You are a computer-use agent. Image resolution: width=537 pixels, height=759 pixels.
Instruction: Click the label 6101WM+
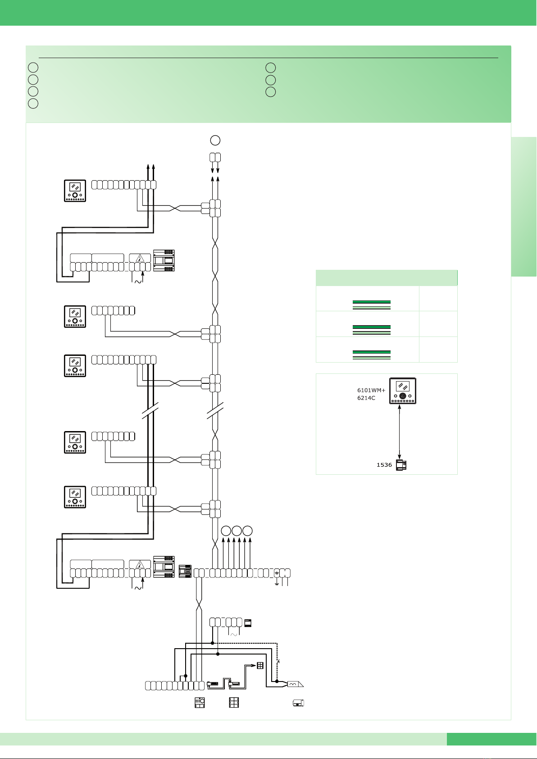[x=371, y=391]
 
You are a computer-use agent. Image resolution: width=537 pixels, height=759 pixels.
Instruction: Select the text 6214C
[x=366, y=398]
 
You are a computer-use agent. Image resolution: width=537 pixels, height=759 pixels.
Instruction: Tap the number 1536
[x=384, y=465]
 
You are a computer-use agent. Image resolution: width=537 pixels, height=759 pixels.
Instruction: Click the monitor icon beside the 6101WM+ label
[x=402, y=391]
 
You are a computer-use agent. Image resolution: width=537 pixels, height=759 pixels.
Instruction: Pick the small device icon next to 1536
[x=401, y=465]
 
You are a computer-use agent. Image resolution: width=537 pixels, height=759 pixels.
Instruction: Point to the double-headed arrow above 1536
[x=400, y=432]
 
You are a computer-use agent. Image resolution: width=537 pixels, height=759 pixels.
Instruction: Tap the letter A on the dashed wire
[x=278, y=661]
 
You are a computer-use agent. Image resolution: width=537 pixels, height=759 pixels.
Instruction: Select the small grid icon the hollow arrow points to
[x=260, y=665]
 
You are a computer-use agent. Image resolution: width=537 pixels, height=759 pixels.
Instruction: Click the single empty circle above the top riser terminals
[x=215, y=140]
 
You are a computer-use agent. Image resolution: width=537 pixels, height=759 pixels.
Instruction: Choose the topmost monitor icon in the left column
[x=75, y=191]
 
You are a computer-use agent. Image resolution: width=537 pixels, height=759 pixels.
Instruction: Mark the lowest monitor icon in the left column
[x=75, y=497]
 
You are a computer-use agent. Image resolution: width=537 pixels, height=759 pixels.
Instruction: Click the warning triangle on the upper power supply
[x=140, y=259]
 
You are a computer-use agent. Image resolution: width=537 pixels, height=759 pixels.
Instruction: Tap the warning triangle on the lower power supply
[x=140, y=565]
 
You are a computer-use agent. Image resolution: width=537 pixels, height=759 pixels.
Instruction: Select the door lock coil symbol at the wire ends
[x=295, y=684]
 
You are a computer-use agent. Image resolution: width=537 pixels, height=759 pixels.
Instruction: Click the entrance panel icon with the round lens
[x=200, y=702]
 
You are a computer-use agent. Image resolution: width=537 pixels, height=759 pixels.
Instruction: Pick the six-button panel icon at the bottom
[x=234, y=702]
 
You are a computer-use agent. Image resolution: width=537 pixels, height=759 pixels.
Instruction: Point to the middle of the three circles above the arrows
[x=237, y=531]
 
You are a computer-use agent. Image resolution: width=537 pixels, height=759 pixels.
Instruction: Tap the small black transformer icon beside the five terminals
[x=248, y=623]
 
